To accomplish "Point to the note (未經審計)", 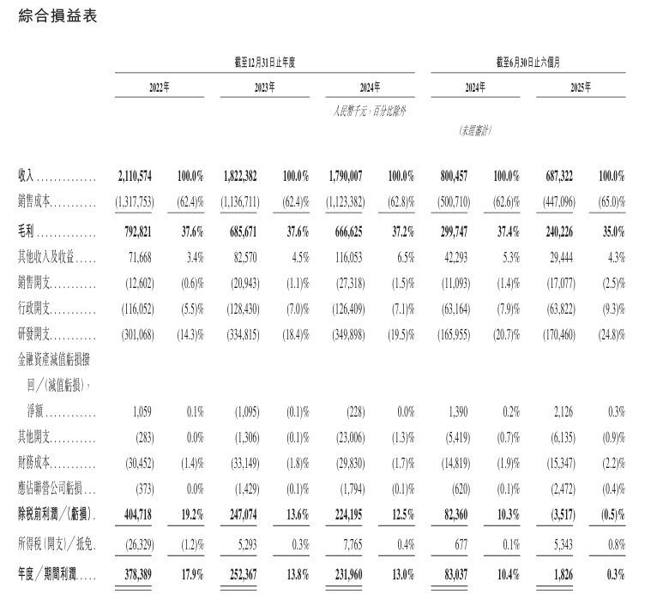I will coord(475,131).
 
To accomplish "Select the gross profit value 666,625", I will coord(346,232).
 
